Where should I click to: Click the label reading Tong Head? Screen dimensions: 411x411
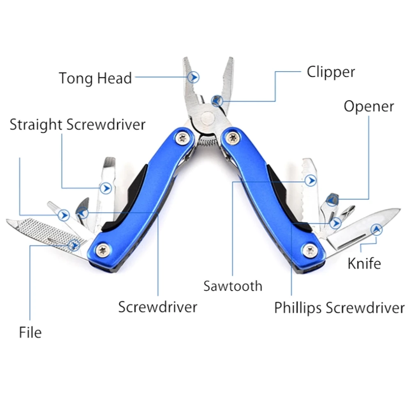[95, 78]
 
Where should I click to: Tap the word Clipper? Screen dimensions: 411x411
[330, 72]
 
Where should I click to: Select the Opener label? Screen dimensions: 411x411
[369, 106]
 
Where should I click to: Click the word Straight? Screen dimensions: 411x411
[36, 124]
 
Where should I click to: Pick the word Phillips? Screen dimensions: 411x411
[300, 307]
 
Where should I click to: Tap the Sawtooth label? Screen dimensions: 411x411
[233, 286]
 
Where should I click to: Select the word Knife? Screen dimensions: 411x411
[364, 263]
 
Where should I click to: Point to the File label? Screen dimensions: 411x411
[30, 332]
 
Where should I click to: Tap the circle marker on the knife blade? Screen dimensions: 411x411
[376, 230]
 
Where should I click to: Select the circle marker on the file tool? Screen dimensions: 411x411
[74, 245]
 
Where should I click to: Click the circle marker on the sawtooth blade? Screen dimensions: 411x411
[311, 180]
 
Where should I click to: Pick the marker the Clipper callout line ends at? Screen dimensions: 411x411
[217, 100]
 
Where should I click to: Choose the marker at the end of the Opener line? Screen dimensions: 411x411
[332, 200]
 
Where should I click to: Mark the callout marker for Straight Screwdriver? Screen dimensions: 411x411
[107, 188]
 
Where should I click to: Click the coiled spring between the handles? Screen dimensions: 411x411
[208, 142]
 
